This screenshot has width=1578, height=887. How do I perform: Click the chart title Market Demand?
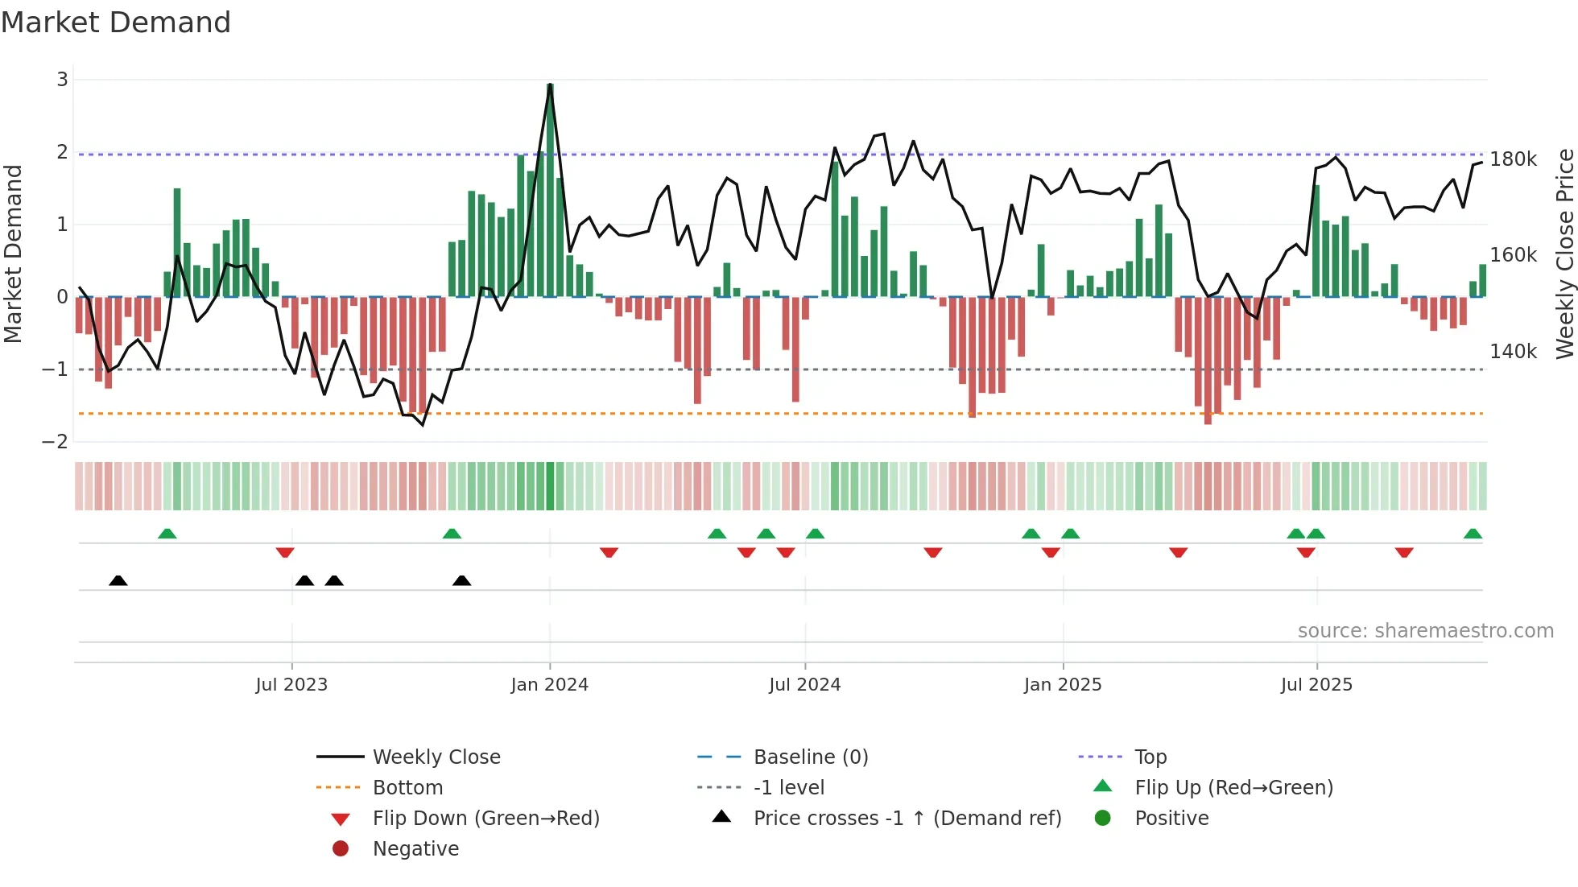pyautogui.click(x=116, y=23)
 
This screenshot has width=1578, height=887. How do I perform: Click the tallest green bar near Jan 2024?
pyautogui.click(x=550, y=190)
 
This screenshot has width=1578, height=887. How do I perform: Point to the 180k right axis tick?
pyautogui.click(x=1513, y=159)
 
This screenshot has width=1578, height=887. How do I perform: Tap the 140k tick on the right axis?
pyautogui.click(x=1513, y=352)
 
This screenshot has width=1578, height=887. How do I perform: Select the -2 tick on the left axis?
pyautogui.click(x=56, y=442)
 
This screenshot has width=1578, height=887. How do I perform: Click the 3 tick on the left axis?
pyautogui.click(x=62, y=80)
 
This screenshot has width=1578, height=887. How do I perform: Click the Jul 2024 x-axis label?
pyautogui.click(x=804, y=685)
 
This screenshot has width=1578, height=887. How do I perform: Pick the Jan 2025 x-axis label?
pyautogui.click(x=1063, y=685)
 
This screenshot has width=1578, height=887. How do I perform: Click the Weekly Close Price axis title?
pyautogui.click(x=1564, y=254)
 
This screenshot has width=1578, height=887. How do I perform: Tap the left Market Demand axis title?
pyautogui.click(x=13, y=254)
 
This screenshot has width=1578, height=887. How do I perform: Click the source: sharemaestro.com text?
pyautogui.click(x=1425, y=631)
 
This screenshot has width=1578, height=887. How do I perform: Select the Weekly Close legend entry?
pyautogui.click(x=436, y=757)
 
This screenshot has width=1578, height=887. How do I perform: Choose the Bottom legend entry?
pyautogui.click(x=407, y=788)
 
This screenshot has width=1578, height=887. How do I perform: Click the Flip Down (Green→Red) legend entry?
pyautogui.click(x=485, y=819)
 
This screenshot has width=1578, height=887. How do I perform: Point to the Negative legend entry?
pyautogui.click(x=415, y=849)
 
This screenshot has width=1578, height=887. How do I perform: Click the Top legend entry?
pyautogui.click(x=1150, y=757)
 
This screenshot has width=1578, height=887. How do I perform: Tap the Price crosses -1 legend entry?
pyautogui.click(x=907, y=819)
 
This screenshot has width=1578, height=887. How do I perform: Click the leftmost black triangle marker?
pyautogui.click(x=118, y=580)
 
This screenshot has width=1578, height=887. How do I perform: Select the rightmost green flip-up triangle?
pyautogui.click(x=1473, y=534)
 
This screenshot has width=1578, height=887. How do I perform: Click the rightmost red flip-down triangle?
pyautogui.click(x=1404, y=552)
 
